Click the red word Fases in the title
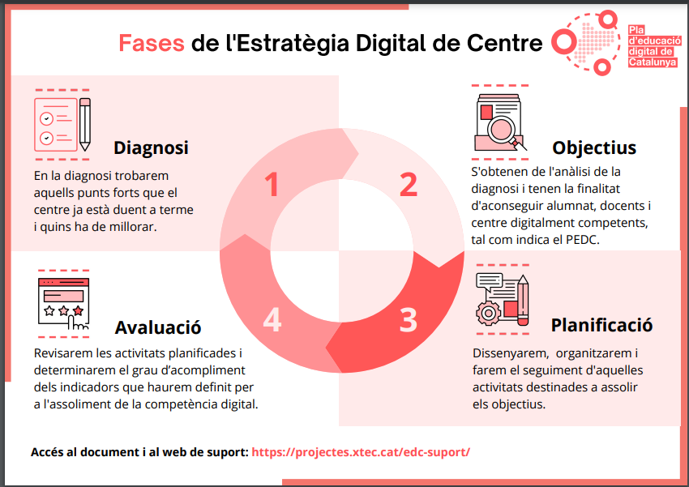tap(152, 43)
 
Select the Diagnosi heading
tap(151, 147)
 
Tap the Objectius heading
tap(594, 147)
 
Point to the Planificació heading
tap(601, 325)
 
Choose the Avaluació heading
tap(158, 327)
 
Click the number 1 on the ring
tap(272, 185)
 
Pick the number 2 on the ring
tap(409, 185)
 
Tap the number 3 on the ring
tap(409, 320)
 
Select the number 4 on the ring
tap(272, 320)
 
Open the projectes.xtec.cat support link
tap(361, 452)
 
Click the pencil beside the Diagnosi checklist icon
tap(85, 124)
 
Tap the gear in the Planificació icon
tap(488, 313)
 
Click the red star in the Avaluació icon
tap(78, 311)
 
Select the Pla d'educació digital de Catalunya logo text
tap(654, 46)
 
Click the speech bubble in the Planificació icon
tap(489, 281)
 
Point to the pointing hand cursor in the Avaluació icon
tap(77, 323)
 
